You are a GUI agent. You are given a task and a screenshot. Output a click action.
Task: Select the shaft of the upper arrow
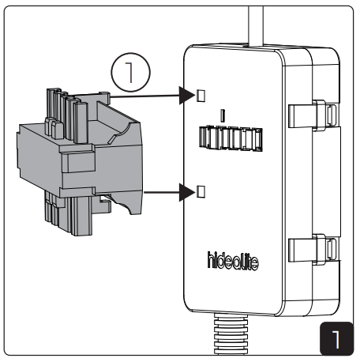pos(150,96)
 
